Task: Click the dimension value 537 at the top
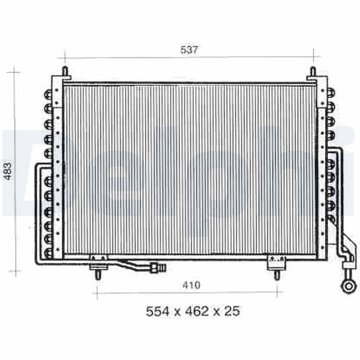(189, 50)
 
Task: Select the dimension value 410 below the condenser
(191, 285)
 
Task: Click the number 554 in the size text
(157, 311)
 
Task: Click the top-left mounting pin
(65, 72)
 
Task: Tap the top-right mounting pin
(313, 72)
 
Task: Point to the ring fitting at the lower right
(347, 285)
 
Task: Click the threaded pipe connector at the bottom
(158, 268)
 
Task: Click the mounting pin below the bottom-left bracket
(98, 274)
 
